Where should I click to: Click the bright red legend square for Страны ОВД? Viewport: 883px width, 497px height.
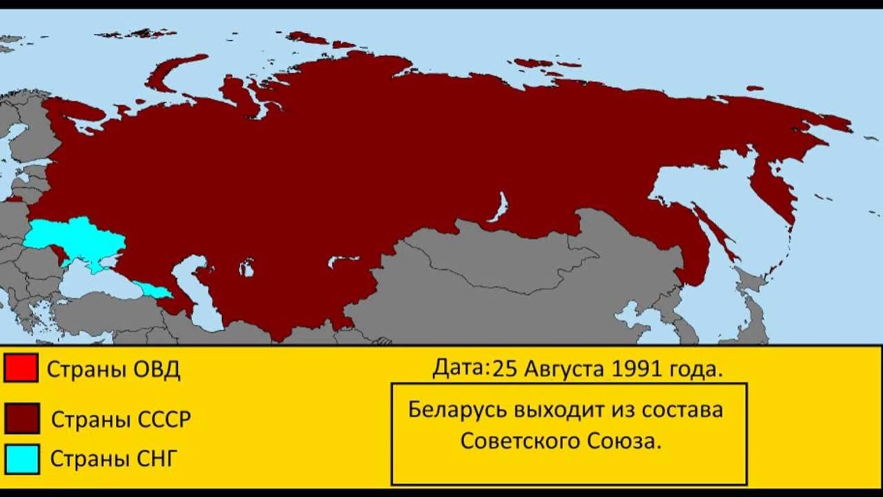[21, 367]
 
